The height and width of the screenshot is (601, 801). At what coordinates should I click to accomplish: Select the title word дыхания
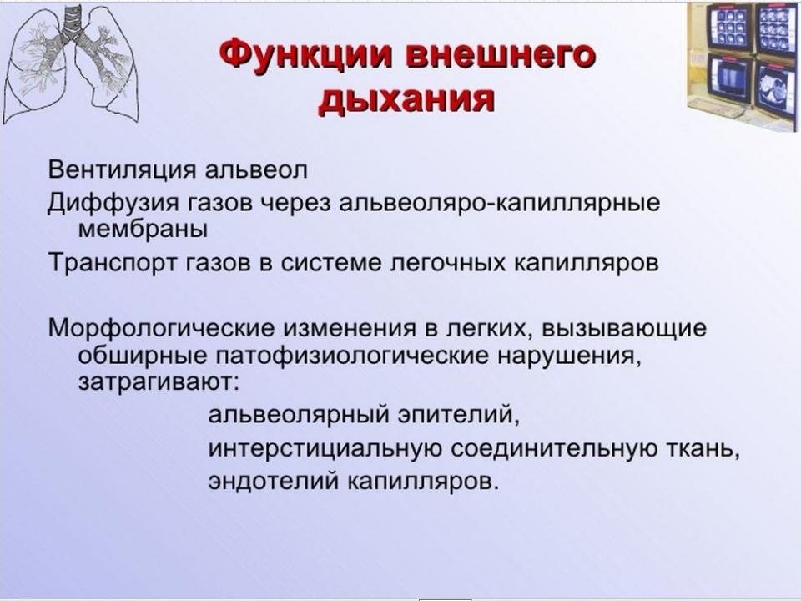click(406, 98)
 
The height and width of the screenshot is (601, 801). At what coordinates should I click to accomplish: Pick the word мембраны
click(143, 230)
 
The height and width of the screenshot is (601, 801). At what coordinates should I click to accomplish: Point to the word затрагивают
click(159, 381)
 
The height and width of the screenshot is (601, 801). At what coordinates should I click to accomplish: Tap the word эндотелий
click(273, 482)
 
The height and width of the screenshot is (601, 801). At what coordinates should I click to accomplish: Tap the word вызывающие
click(624, 328)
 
